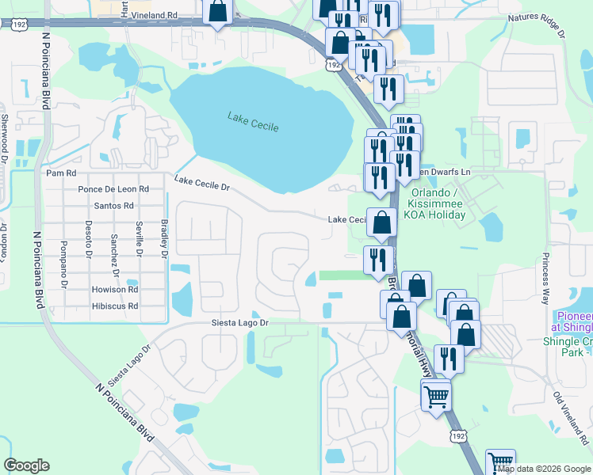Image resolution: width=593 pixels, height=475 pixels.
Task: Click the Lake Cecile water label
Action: coord(253,121)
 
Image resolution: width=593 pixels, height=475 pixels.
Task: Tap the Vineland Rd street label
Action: coord(151,15)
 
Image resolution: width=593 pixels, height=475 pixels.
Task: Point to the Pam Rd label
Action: coord(61,173)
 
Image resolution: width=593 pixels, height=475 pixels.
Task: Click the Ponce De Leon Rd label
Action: coord(113,189)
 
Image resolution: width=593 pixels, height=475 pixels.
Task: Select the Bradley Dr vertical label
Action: coord(165,238)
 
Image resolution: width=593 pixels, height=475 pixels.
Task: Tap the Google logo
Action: coord(26,465)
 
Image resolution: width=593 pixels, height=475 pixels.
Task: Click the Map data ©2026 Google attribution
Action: coord(544,469)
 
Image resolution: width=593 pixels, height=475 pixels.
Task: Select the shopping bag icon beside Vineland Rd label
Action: coord(217,12)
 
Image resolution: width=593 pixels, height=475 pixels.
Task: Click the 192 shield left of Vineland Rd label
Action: coord(17,25)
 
